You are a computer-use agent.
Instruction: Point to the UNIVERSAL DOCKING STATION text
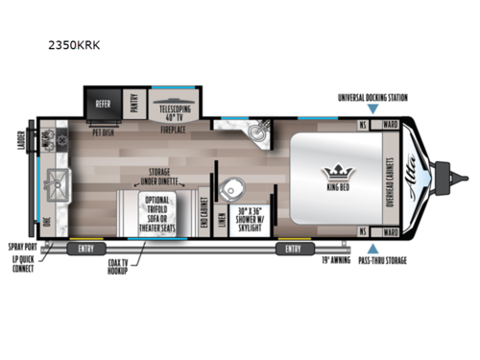tap(372, 97)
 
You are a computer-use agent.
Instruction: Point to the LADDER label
tap(19, 143)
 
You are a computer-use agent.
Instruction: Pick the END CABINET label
tap(204, 217)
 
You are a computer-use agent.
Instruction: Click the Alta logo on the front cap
tap(420, 179)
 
